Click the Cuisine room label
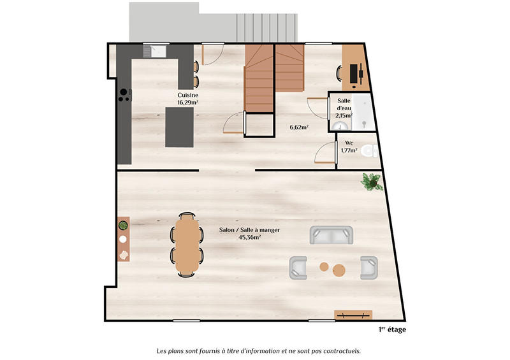coord(187,96)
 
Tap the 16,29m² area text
coord(187,103)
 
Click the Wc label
coord(349,143)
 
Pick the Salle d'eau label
coord(344,104)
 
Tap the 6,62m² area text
coord(299,127)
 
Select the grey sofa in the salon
coord(331,235)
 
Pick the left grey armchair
coord(299,268)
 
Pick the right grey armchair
coord(369,268)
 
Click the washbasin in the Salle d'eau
coord(336,126)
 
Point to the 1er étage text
coord(391,329)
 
